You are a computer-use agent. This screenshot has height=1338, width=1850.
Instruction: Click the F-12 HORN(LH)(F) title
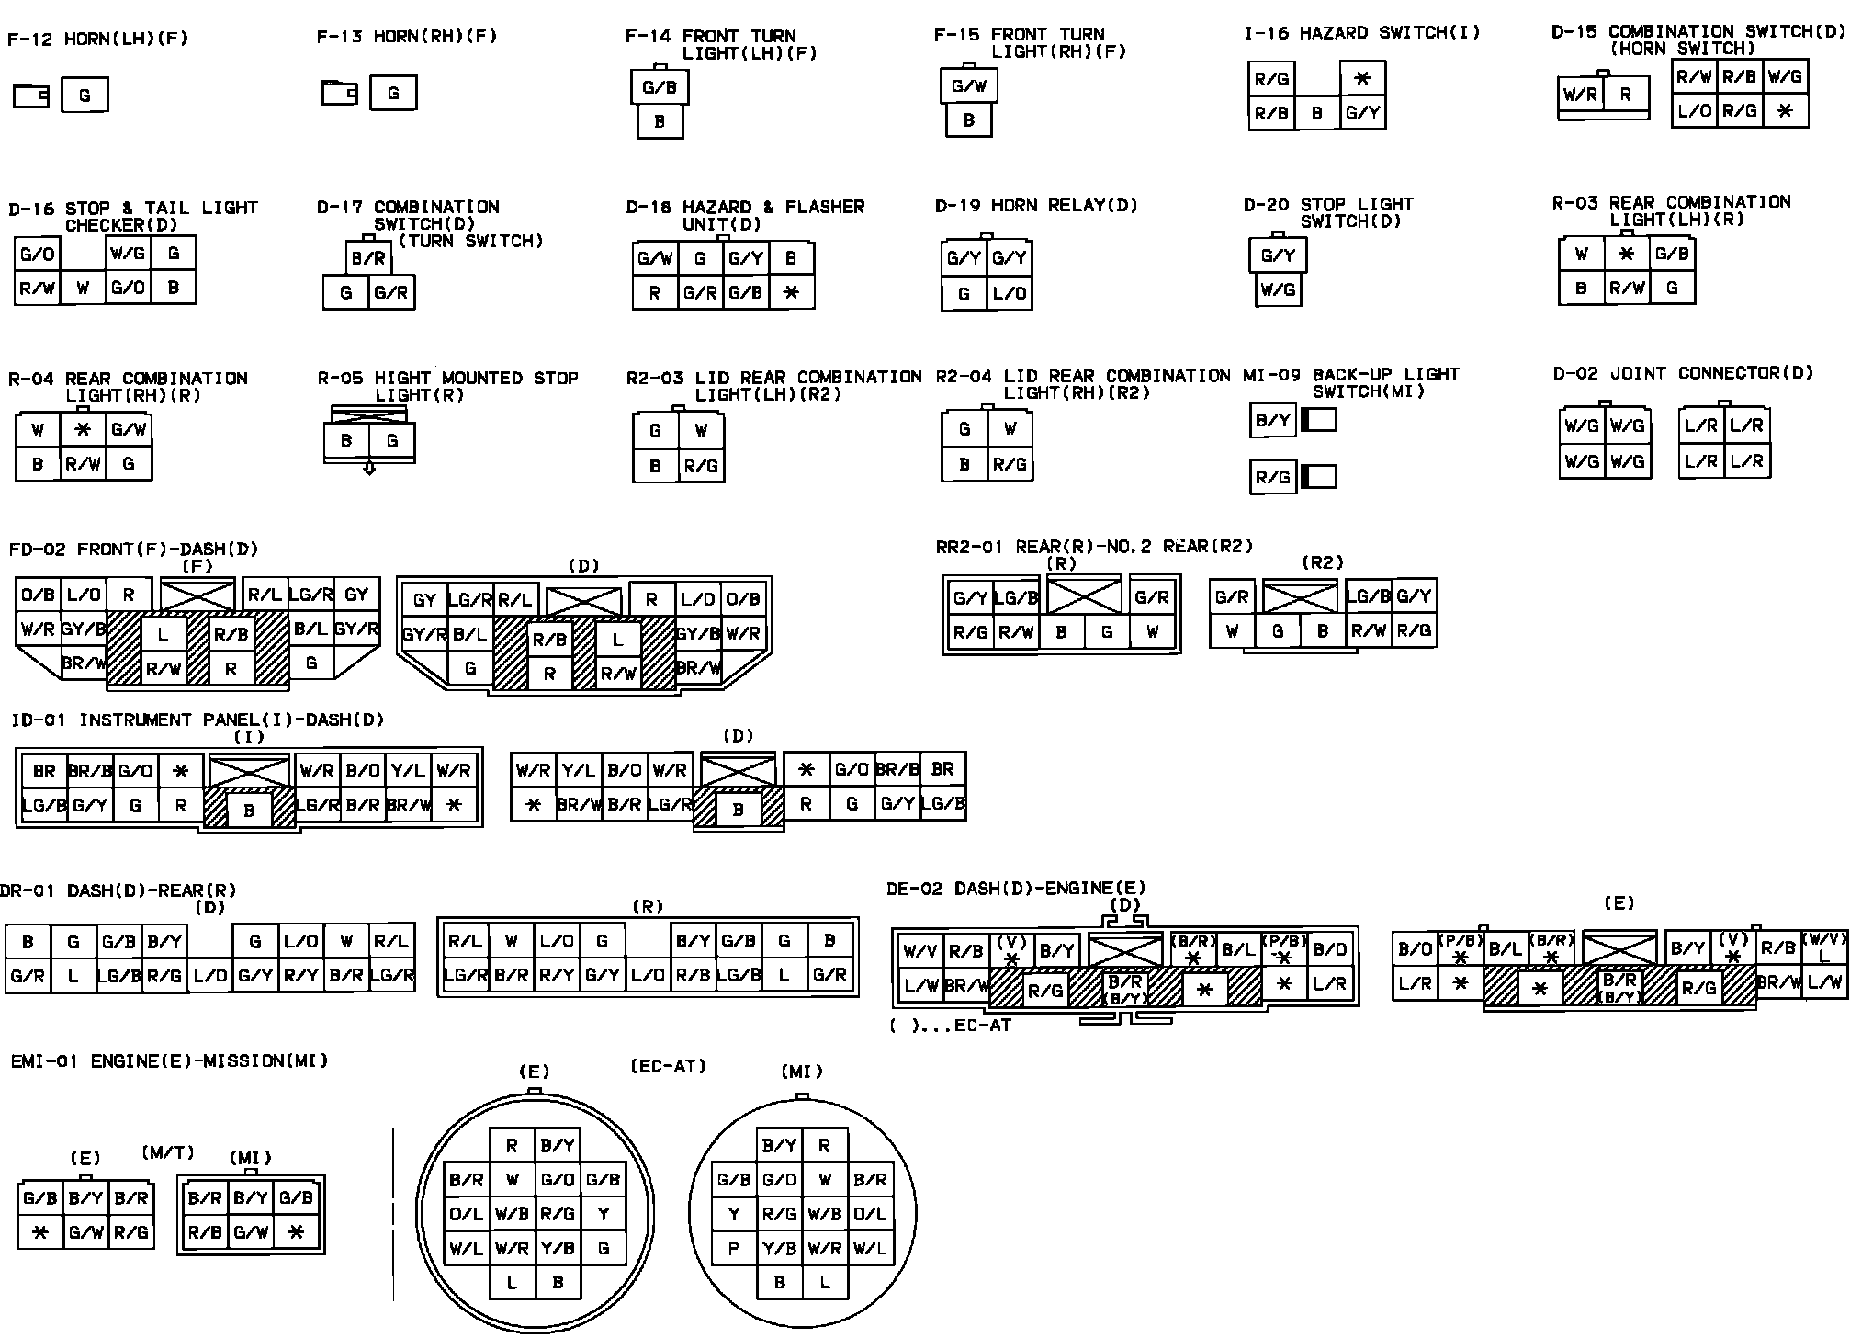[98, 40]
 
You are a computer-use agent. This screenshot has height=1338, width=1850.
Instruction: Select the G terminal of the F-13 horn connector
[393, 93]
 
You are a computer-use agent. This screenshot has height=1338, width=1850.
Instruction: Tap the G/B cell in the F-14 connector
[660, 88]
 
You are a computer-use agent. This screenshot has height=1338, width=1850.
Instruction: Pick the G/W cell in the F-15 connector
[968, 86]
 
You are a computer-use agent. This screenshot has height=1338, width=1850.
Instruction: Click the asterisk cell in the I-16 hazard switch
[1362, 79]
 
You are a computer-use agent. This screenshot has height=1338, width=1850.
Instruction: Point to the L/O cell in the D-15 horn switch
[1694, 111]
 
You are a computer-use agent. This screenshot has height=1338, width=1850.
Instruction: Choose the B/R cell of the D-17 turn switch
[368, 259]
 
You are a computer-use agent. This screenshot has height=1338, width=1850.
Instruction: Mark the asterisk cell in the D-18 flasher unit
[792, 293]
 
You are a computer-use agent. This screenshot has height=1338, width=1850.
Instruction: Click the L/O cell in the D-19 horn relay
[1010, 293]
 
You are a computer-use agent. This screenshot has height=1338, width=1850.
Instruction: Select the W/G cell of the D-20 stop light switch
[1278, 290]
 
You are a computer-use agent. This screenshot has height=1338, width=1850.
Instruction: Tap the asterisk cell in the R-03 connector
[1626, 254]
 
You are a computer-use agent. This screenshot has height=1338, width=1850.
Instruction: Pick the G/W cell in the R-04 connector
[129, 429]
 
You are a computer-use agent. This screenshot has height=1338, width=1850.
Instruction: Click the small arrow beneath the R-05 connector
[369, 468]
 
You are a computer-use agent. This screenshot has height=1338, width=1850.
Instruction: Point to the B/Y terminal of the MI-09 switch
[1272, 421]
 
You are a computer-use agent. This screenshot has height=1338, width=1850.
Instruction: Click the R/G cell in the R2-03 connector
[701, 466]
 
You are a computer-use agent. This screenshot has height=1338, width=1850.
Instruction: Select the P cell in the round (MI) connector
[734, 1248]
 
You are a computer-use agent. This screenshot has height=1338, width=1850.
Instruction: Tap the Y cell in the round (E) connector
[604, 1214]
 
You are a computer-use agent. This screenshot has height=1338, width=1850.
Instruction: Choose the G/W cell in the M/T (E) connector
[85, 1232]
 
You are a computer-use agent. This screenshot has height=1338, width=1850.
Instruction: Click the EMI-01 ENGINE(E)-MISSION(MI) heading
[169, 1061]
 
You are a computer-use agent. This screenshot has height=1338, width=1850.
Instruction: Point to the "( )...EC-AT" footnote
[950, 1025]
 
